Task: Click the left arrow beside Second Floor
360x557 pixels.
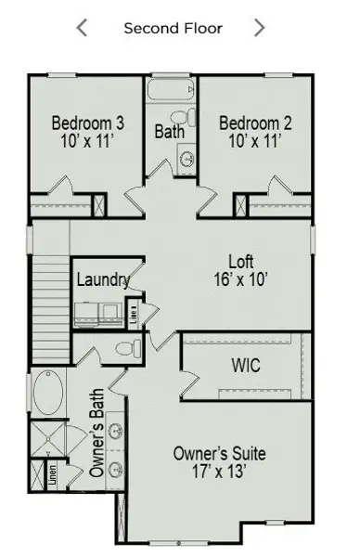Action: (82, 28)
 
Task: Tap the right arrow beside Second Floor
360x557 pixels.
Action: (259, 28)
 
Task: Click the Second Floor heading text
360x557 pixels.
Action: (173, 28)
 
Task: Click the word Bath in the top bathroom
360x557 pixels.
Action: (170, 133)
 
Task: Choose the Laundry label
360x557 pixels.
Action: (102, 279)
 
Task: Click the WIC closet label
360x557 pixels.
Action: (245, 365)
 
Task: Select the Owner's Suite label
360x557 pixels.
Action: (220, 454)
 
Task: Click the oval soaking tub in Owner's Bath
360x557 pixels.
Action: (45, 392)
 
